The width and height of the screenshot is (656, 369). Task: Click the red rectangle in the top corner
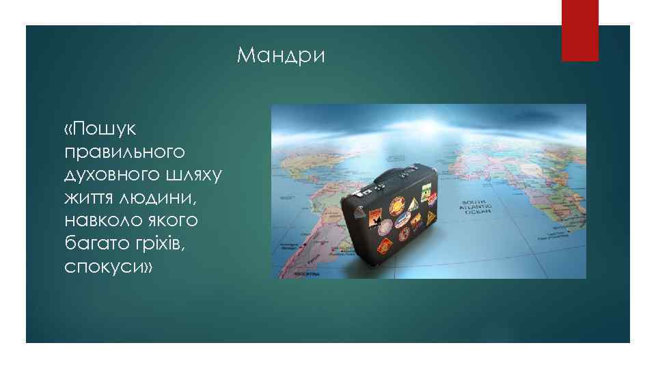(579, 30)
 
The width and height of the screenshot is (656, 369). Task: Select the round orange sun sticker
(398, 205)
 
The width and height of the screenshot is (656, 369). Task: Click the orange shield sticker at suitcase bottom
(385, 245)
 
